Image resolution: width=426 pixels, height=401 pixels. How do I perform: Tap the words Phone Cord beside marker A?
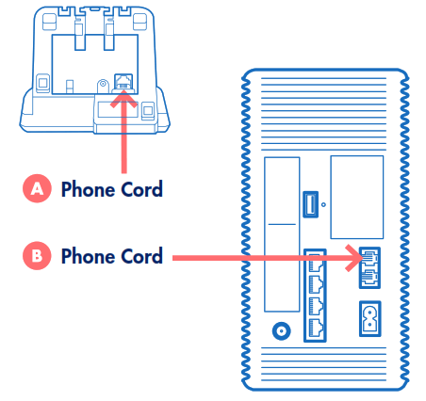click(x=111, y=188)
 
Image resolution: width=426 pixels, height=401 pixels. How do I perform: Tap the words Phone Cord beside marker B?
click(x=111, y=255)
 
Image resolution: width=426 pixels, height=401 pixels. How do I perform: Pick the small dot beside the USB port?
click(x=324, y=203)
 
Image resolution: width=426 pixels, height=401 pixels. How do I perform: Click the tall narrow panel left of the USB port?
click(x=280, y=232)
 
